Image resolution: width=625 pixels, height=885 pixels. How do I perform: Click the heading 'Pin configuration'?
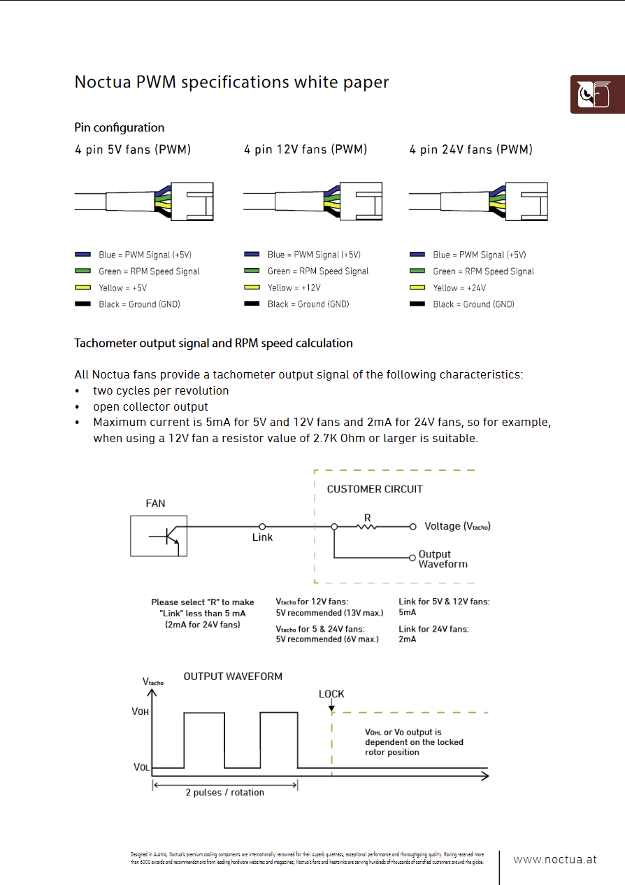pyautogui.click(x=120, y=127)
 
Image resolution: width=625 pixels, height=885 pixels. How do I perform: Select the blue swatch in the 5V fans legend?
pyautogui.click(x=83, y=255)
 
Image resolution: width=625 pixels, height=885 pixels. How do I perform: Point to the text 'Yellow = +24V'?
pyautogui.click(x=459, y=288)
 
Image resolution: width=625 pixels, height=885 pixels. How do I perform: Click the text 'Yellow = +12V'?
pyautogui.click(x=294, y=288)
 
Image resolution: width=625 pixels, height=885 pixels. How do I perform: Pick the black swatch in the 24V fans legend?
pyautogui.click(x=417, y=304)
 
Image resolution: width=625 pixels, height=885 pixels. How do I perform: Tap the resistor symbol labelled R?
pyautogui.click(x=367, y=526)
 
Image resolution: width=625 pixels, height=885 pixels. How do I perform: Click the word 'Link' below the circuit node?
pyautogui.click(x=262, y=537)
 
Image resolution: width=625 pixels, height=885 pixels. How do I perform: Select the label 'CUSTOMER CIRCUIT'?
pyautogui.click(x=375, y=489)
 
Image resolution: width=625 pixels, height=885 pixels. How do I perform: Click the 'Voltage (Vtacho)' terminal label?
pyautogui.click(x=458, y=526)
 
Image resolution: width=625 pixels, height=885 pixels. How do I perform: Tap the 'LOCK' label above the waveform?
pyautogui.click(x=331, y=694)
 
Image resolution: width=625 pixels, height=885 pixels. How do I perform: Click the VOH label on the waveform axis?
pyautogui.click(x=141, y=711)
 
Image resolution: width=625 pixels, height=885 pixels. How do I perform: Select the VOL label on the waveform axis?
pyautogui.click(x=141, y=767)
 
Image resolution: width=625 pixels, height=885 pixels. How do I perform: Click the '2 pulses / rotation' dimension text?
pyautogui.click(x=225, y=793)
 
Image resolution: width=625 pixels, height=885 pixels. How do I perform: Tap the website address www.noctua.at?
pyautogui.click(x=555, y=860)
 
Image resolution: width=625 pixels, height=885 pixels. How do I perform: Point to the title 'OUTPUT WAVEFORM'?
pyautogui.click(x=233, y=677)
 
